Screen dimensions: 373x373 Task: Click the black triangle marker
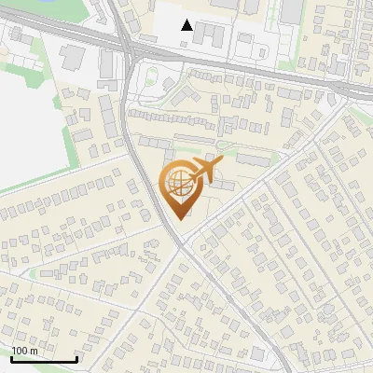pyautogui.click(x=187, y=25)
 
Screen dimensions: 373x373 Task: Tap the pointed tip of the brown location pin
pyautogui.click(x=181, y=218)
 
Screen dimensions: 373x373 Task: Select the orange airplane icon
pyautogui.click(x=203, y=171)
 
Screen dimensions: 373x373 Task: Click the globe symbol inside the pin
pyautogui.click(x=178, y=183)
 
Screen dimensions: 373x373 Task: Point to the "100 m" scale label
pyautogui.click(x=24, y=351)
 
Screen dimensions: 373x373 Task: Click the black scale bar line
pyautogui.click(x=43, y=359)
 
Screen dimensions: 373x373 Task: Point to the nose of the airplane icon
pyautogui.click(x=222, y=163)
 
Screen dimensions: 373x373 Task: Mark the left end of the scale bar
pyautogui.click(x=11, y=359)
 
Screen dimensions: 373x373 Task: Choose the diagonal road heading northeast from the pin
pyautogui.click(x=252, y=186)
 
